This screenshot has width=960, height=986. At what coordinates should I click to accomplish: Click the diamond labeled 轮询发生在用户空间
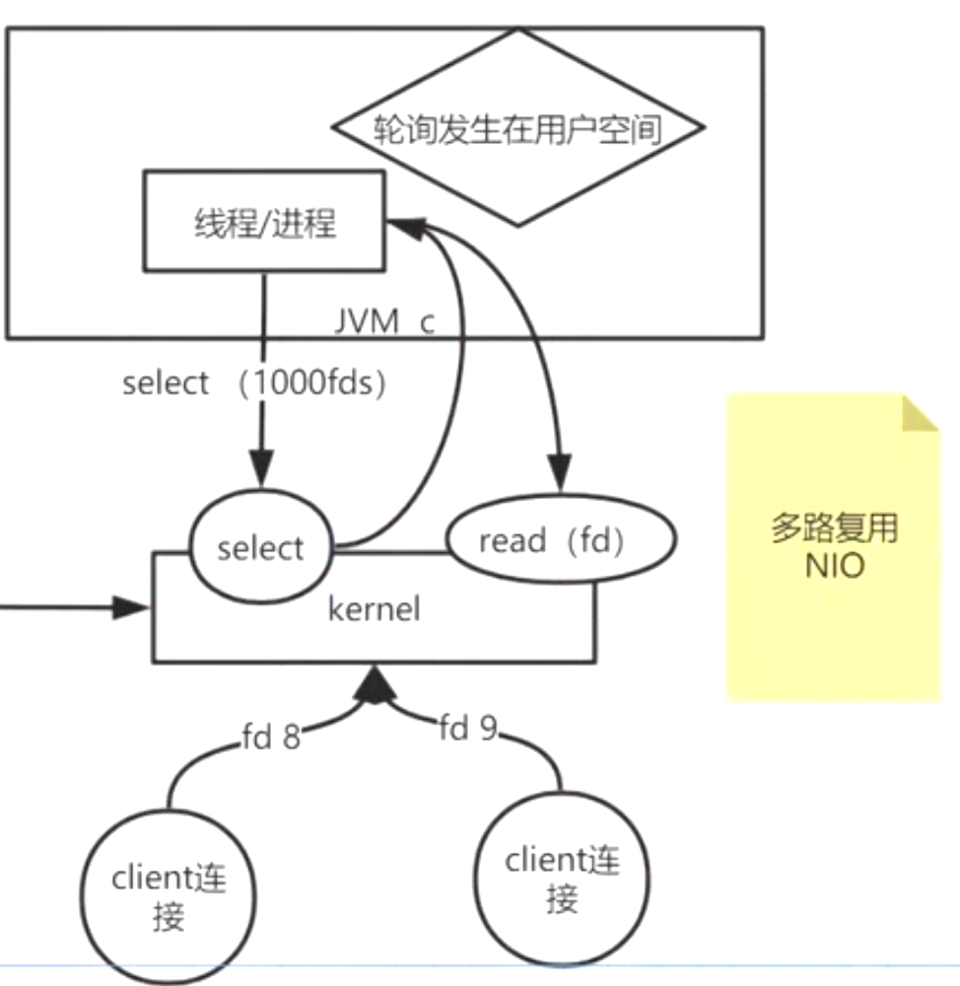(x=517, y=128)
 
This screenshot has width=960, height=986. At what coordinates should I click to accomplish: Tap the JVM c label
(x=383, y=322)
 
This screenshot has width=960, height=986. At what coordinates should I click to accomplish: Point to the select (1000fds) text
(x=252, y=383)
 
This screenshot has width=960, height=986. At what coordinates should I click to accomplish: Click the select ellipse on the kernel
(x=260, y=547)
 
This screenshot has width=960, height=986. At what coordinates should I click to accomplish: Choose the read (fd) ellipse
(x=560, y=541)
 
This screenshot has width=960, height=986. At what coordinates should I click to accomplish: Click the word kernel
(x=374, y=608)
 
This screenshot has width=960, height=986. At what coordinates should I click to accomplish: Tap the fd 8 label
(x=270, y=737)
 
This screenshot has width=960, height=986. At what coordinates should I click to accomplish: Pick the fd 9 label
(x=468, y=729)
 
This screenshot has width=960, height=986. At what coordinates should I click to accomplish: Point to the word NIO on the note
(x=834, y=567)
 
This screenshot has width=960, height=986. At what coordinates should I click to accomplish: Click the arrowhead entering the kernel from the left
(x=130, y=607)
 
